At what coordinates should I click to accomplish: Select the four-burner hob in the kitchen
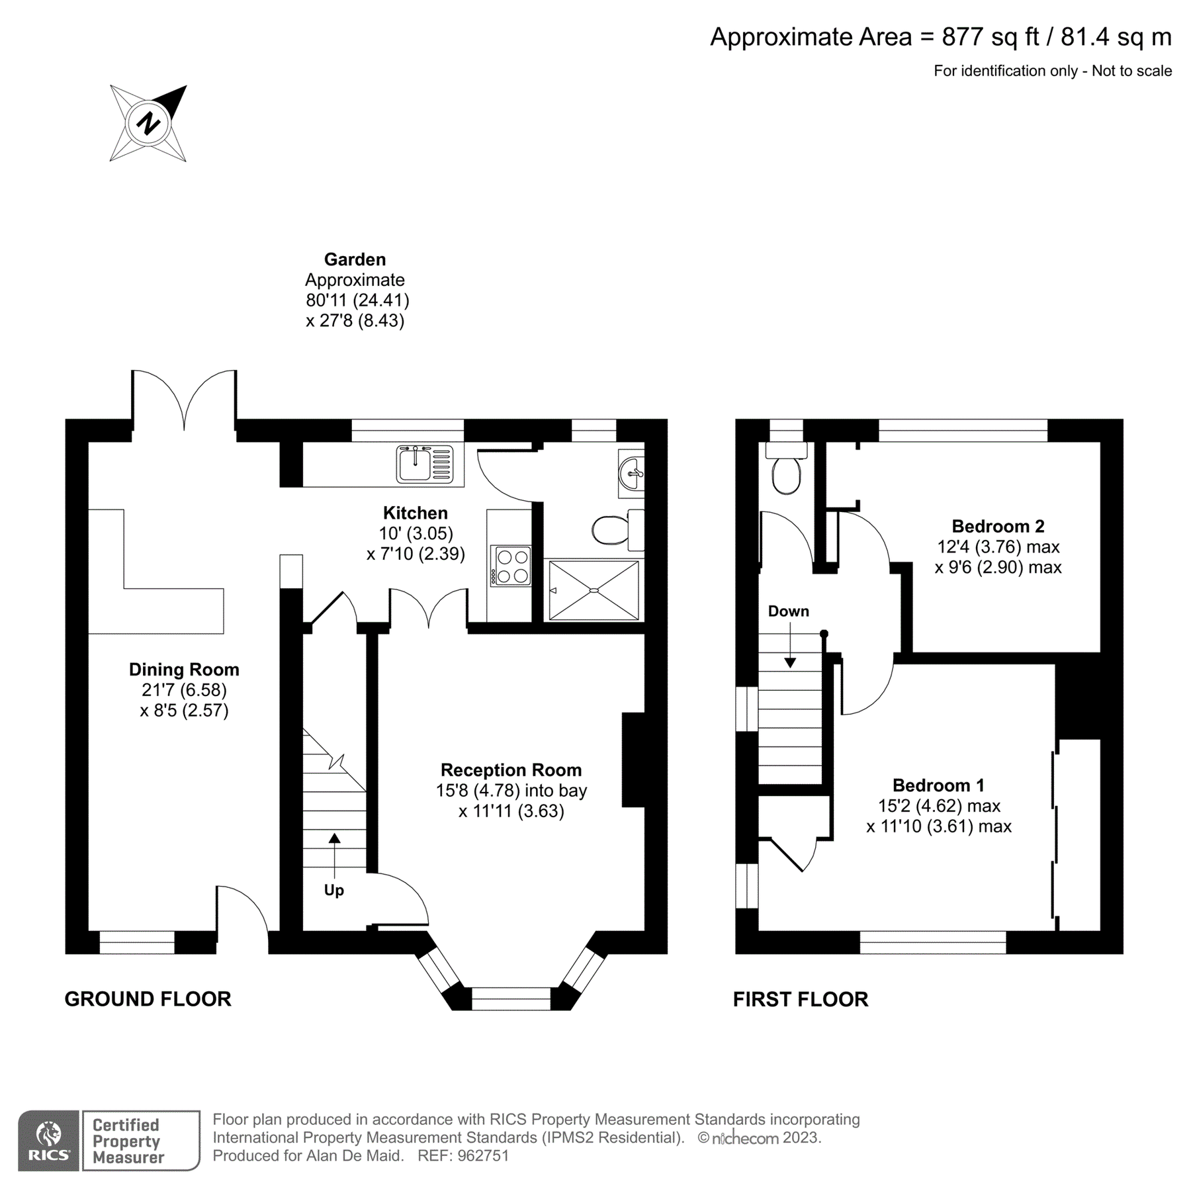pos(511,566)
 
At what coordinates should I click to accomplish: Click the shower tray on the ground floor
pos(594,590)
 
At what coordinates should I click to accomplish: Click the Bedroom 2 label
pos(998,526)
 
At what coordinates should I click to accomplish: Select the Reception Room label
pos(511,770)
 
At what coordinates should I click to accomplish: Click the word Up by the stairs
pos(334,890)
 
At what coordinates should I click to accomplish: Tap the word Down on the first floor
pos(788,611)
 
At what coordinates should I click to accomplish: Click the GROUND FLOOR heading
pos(148,999)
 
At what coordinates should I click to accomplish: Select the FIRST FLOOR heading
pos(800,999)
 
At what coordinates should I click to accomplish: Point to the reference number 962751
pos(483,1156)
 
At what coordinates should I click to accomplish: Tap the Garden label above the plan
pos(355,259)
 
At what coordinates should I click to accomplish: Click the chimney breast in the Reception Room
pos(633,760)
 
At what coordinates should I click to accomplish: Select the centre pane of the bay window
pos(511,998)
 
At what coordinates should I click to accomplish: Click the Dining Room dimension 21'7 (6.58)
pos(184,690)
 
